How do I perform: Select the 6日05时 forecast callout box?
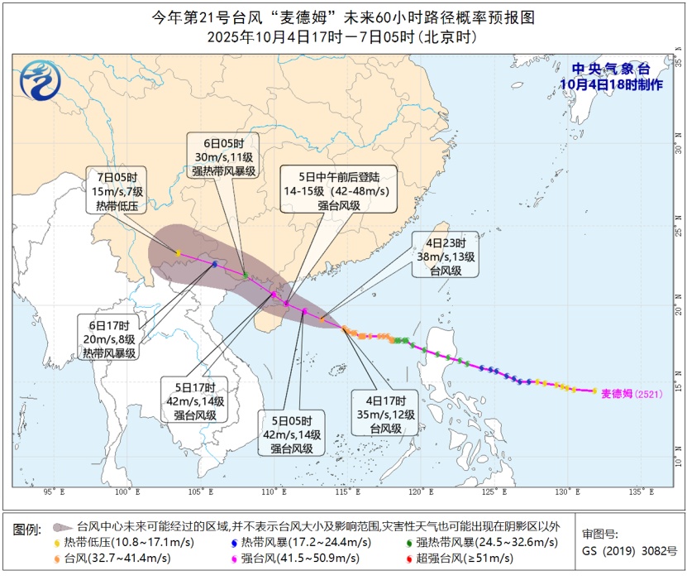(224, 156)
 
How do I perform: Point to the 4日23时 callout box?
(446, 257)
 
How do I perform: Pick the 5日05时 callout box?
(292, 434)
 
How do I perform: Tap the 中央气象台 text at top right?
(612, 69)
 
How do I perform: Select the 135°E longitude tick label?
(635, 493)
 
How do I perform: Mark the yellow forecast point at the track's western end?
(178, 252)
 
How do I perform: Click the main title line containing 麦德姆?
(343, 17)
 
